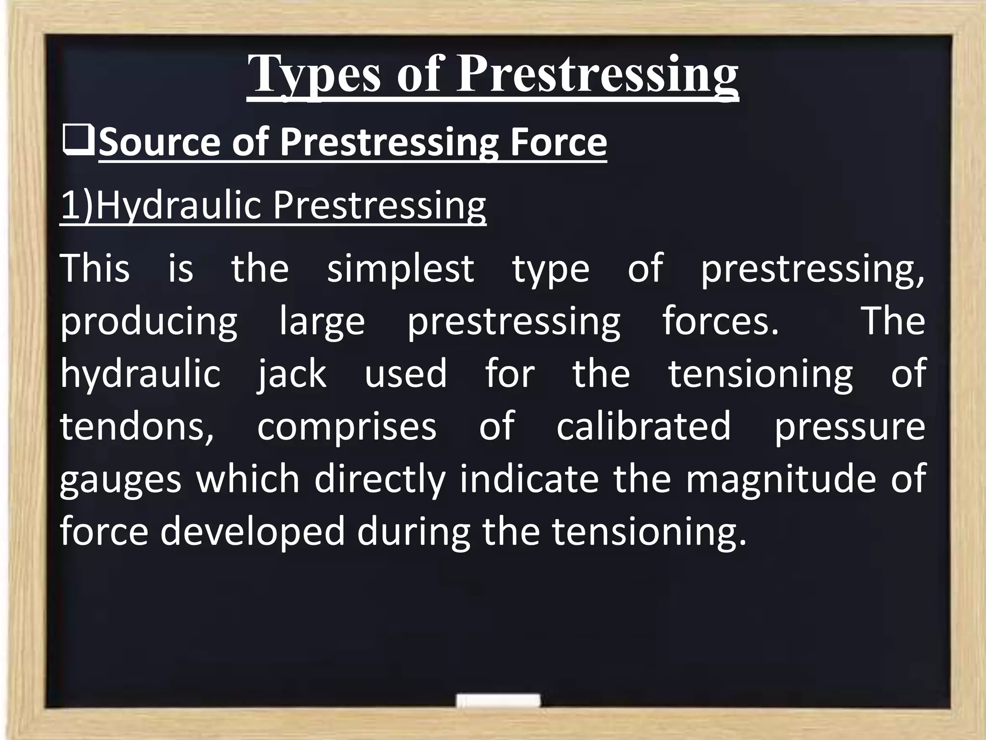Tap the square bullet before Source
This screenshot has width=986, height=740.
pos(78,143)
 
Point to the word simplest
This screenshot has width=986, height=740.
pos(401,268)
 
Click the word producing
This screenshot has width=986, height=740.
pos(149,321)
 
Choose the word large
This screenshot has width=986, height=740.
pos(322,321)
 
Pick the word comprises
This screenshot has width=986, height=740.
pos(347,426)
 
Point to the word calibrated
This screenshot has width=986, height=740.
pos(644,426)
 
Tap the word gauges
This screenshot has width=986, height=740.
pos(121,480)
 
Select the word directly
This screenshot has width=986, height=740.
pos(380,480)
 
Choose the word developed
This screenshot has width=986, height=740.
pos(253,532)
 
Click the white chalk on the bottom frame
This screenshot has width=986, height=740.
pos(498,700)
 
